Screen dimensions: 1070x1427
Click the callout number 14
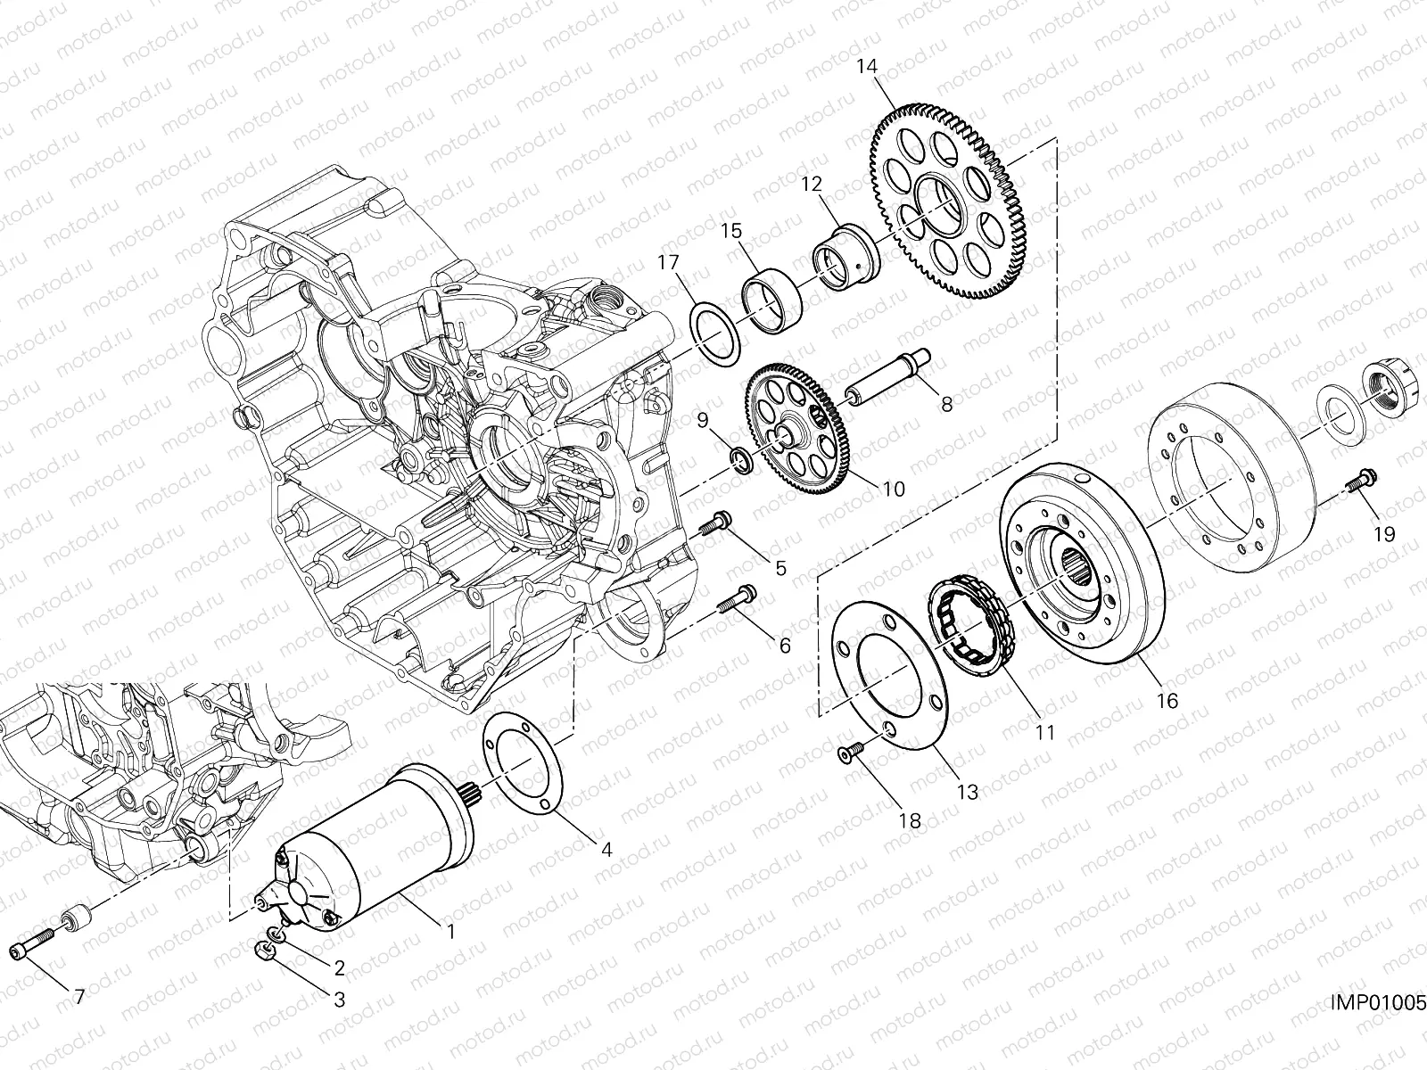tap(868, 67)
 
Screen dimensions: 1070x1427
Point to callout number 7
tap(78, 997)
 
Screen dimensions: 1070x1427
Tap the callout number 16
tap(1167, 701)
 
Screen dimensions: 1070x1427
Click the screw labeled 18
tap(850, 756)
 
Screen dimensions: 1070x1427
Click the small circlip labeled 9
tap(739, 459)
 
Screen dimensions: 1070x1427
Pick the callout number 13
tap(968, 791)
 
